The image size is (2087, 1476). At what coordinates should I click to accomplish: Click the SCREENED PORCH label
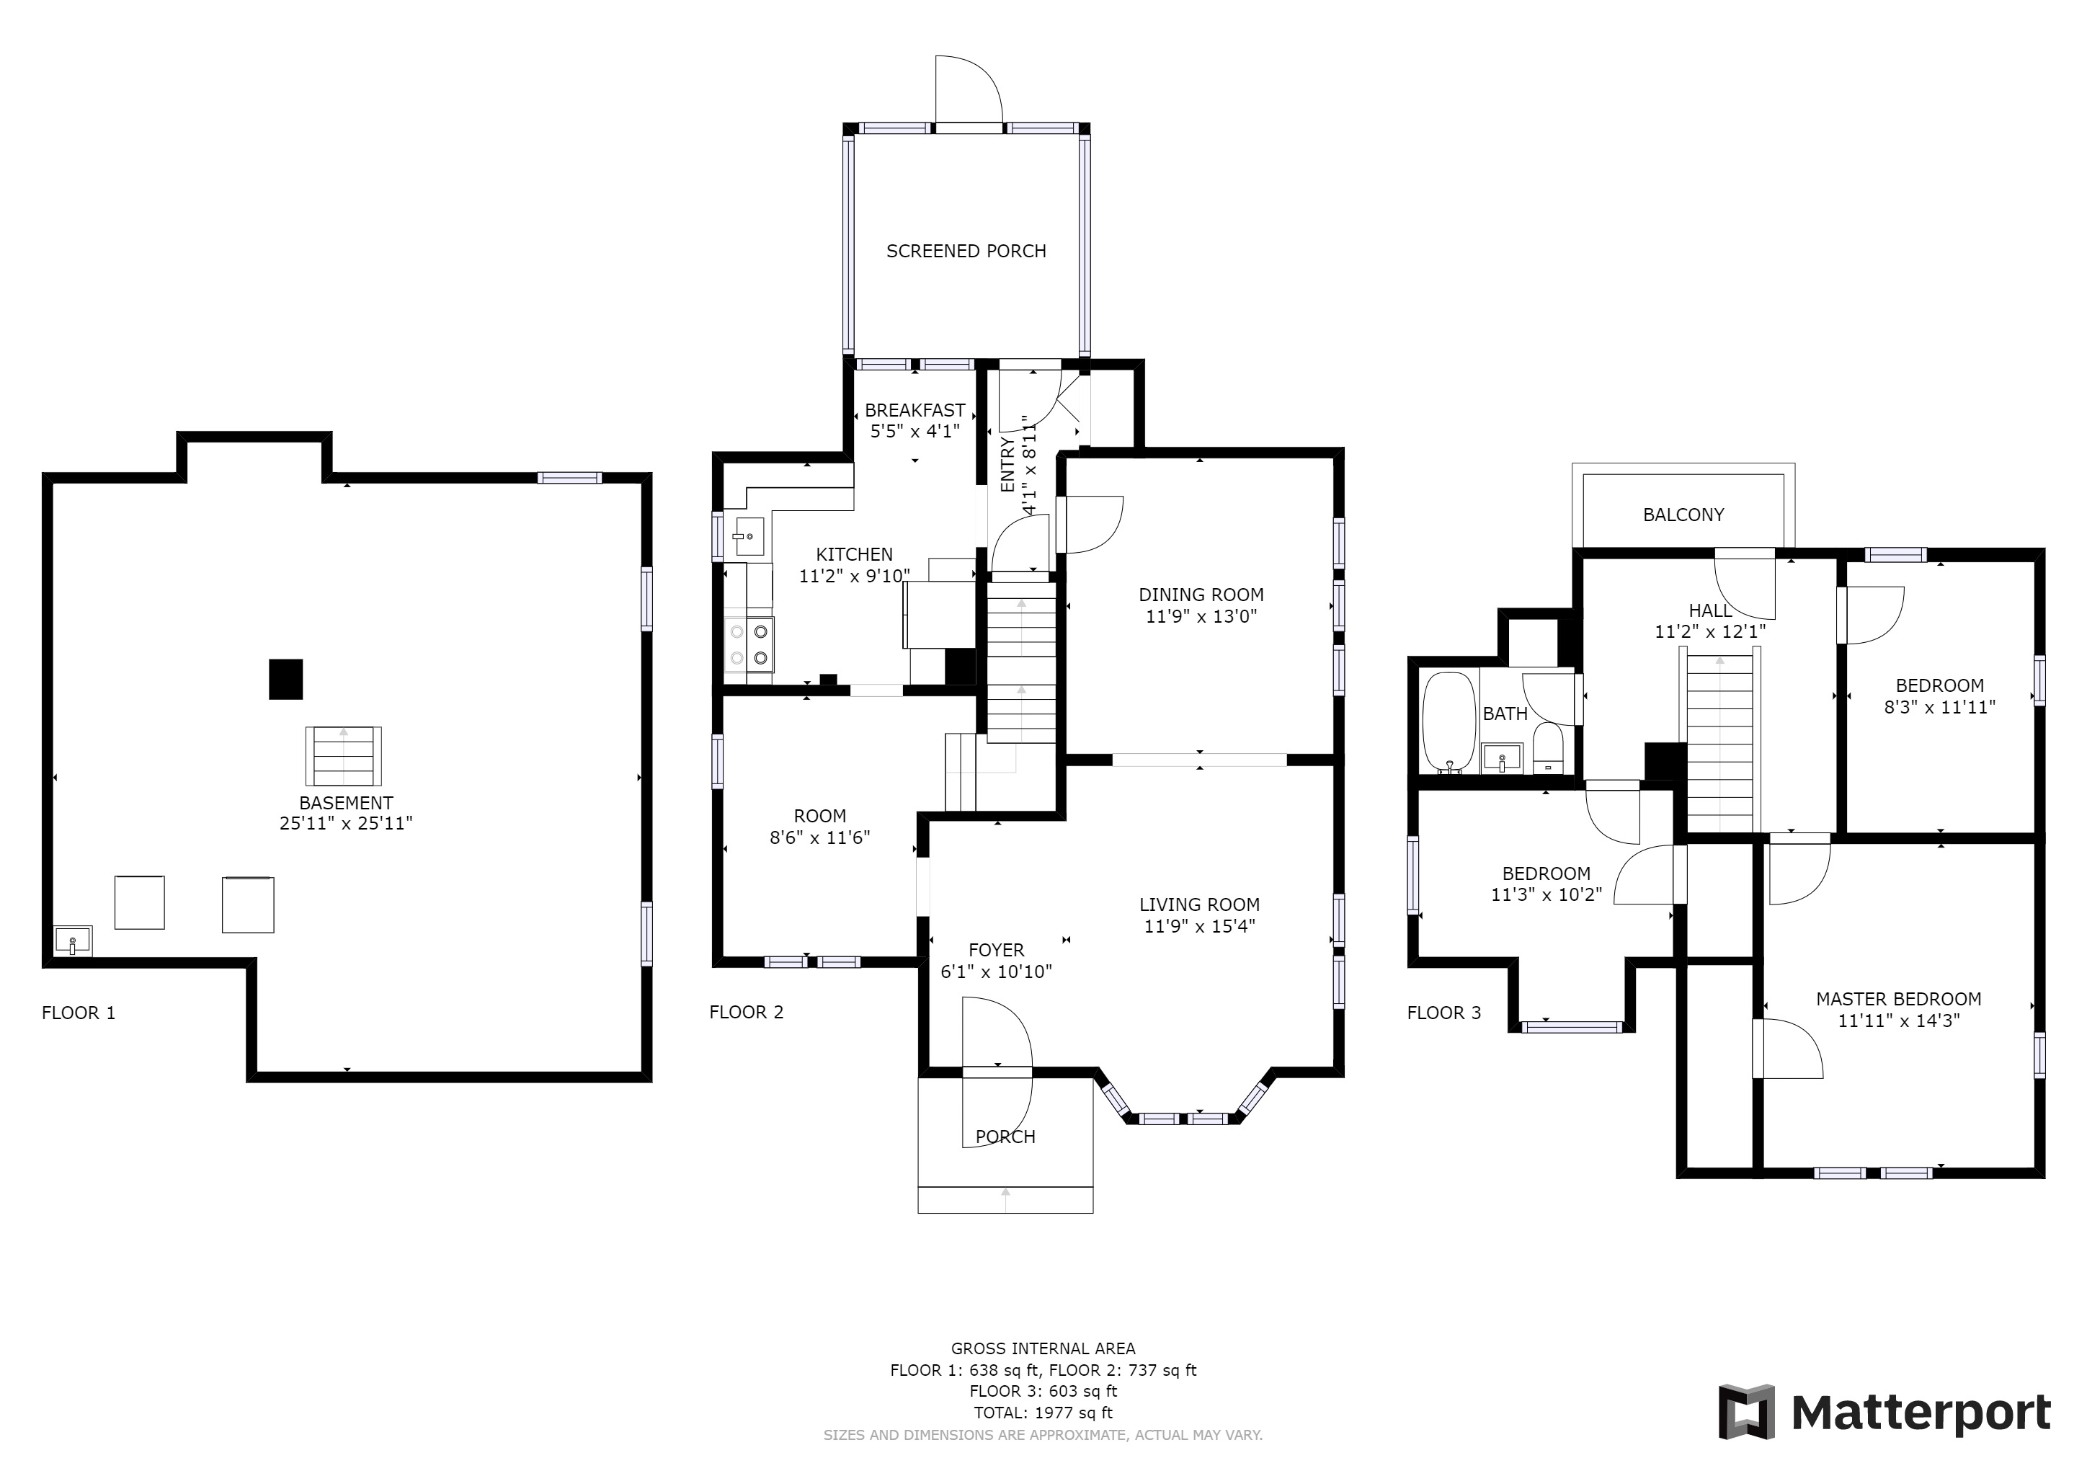(x=966, y=251)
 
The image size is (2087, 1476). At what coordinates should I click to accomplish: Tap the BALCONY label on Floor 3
(x=1683, y=515)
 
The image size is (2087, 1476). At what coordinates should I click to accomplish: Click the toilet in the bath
(x=1548, y=748)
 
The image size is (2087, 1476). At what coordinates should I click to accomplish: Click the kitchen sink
(x=749, y=535)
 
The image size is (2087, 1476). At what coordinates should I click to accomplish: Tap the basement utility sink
(x=73, y=940)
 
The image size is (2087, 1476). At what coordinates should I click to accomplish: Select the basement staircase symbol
(x=344, y=756)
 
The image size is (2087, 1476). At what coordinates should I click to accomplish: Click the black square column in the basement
(x=285, y=679)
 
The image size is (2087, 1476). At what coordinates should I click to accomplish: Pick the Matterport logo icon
(x=1746, y=1411)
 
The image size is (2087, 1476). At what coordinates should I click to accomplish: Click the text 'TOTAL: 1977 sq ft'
(x=1043, y=1413)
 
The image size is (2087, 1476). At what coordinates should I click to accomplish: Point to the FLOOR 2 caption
(x=747, y=1012)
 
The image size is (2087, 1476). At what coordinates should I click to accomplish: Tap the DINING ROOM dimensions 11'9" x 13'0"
(x=1201, y=616)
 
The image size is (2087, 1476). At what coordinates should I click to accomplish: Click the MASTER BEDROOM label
(x=1898, y=999)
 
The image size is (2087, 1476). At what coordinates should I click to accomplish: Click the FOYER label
(x=996, y=950)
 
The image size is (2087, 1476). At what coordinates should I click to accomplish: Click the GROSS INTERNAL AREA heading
(x=1043, y=1348)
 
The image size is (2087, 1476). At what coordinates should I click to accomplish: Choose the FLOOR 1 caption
(x=79, y=1013)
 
